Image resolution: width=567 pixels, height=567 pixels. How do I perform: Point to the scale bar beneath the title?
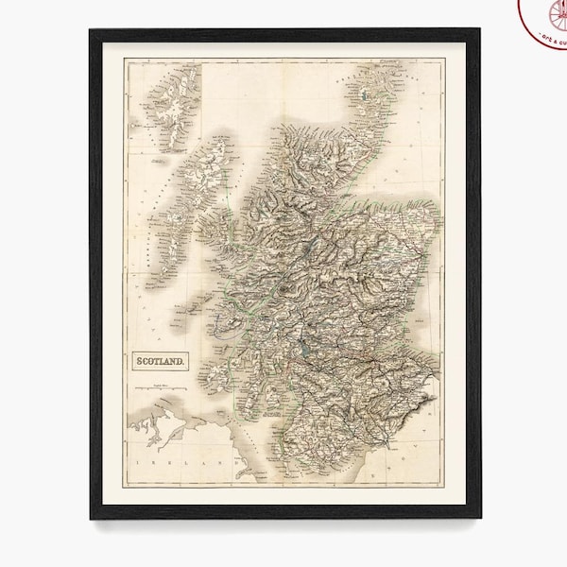(158, 388)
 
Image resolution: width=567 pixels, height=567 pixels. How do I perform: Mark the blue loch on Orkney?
(363, 95)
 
